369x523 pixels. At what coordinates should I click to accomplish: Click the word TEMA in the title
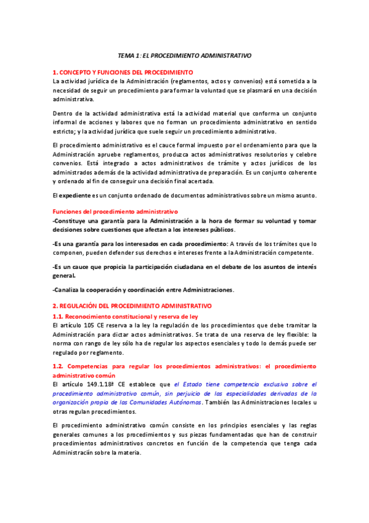coord(126,56)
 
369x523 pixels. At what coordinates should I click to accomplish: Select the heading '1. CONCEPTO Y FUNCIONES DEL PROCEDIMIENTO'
coord(123,72)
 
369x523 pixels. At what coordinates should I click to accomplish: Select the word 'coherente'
coord(302,173)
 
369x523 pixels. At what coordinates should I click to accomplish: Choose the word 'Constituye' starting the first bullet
coord(71,221)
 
